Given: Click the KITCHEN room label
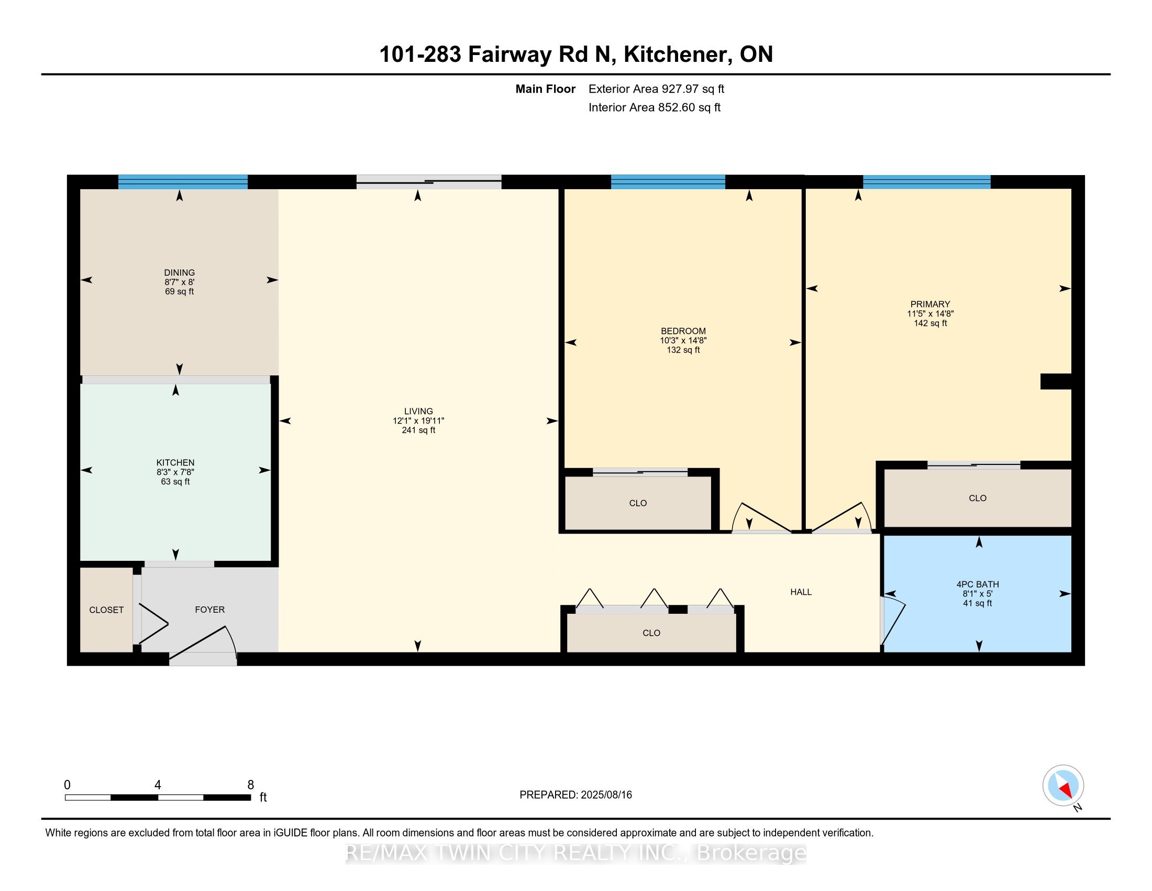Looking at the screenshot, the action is tap(175, 462).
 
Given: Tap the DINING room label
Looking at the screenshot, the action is tap(179, 273).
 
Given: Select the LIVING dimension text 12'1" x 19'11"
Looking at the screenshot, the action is tap(418, 421).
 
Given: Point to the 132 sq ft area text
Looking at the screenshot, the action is tap(683, 350).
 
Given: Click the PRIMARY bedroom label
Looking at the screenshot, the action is tap(930, 304).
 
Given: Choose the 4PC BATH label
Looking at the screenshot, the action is tap(978, 584).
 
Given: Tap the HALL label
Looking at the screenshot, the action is tap(801, 592).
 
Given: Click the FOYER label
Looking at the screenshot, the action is tap(210, 610).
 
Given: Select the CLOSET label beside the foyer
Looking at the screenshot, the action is tap(106, 610).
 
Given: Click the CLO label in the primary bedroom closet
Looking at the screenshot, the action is tap(978, 498).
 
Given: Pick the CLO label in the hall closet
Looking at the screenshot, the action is tap(651, 633).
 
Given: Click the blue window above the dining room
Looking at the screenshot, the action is tap(183, 181).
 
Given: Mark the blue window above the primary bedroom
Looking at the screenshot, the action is tap(927, 181).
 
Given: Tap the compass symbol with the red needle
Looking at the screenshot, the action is tap(1063, 786).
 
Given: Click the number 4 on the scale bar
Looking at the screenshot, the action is tap(158, 785).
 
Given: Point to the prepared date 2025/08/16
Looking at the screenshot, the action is tap(605, 795).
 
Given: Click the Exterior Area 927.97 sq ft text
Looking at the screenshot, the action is tap(656, 89).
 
